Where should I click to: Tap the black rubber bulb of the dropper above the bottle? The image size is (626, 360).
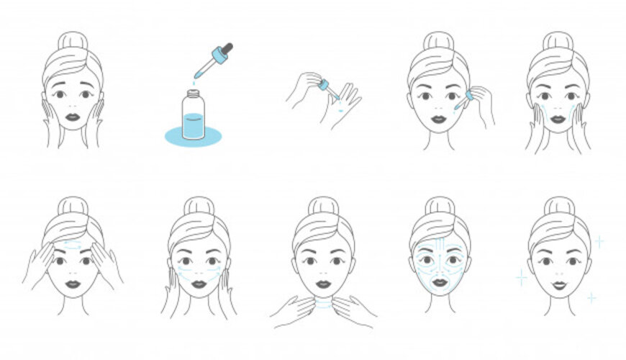(227, 49)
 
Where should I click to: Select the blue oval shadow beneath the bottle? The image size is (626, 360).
(192, 135)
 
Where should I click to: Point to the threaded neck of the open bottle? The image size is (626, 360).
(191, 94)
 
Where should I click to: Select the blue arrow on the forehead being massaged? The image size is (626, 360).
(71, 245)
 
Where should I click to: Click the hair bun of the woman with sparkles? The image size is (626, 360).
(558, 206)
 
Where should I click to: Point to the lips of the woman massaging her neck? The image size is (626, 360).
(323, 284)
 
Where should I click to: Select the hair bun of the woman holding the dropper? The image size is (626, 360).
(439, 41)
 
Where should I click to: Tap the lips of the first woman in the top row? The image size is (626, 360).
(72, 117)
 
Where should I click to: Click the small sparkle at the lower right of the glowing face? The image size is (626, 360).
(591, 297)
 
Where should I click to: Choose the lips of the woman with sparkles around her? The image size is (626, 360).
(558, 284)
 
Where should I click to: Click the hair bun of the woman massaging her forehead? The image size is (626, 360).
(72, 206)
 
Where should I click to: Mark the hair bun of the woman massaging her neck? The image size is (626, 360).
(323, 206)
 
